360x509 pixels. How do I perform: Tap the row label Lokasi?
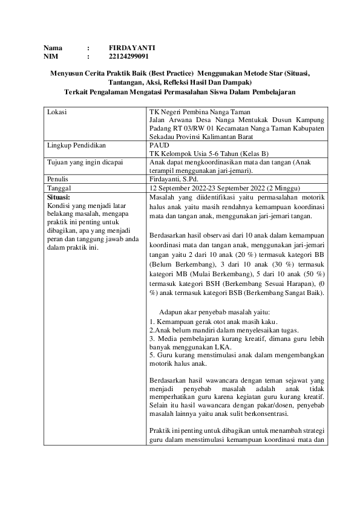click(x=56, y=112)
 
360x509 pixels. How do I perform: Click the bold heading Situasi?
click(x=59, y=196)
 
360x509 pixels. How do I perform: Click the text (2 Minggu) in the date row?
click(x=285, y=188)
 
